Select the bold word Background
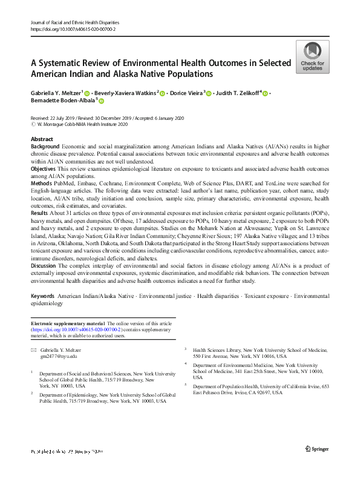coord(45,147)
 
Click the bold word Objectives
coord(45,168)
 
